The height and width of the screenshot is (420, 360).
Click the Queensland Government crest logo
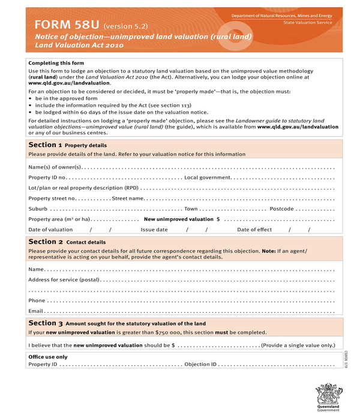328,397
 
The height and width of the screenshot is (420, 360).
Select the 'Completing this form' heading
56,63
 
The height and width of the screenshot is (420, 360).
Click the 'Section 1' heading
44,145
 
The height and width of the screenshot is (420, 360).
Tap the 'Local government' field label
207,178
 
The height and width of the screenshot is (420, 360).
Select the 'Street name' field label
127,198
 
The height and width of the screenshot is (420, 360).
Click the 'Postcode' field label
281,209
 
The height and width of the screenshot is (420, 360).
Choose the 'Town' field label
191,209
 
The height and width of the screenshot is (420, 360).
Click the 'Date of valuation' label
50,229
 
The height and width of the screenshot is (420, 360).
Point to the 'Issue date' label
154,229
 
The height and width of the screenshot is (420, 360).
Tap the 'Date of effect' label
254,229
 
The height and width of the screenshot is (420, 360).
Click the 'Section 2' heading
45,242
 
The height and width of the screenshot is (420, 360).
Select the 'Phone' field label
37,301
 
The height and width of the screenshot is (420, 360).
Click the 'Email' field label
36,311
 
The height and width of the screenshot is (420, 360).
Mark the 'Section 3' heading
45,323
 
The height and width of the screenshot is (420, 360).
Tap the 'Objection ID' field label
200,364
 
